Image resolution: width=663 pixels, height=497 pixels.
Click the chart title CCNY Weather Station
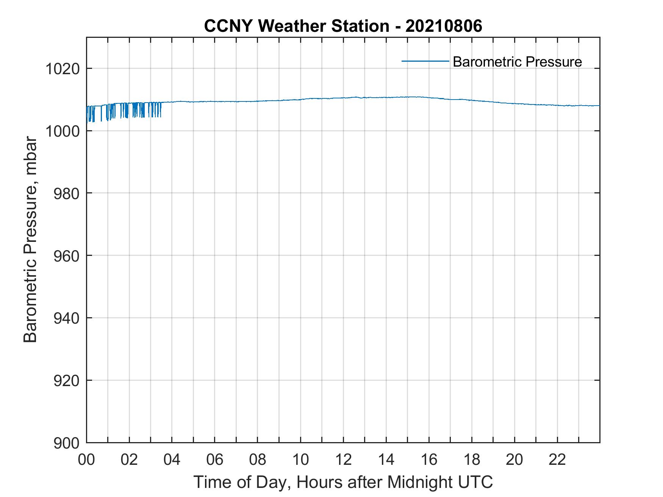(296, 26)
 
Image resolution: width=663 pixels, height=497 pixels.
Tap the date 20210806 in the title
(444, 26)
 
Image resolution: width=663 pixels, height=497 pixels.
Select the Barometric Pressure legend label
(517, 62)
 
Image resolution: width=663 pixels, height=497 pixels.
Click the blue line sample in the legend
(425, 61)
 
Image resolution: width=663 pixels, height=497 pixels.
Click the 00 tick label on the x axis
(86, 460)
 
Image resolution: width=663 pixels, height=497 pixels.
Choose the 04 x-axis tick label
(172, 460)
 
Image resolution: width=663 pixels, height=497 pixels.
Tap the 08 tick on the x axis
(258, 460)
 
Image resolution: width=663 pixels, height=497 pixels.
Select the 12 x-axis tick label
(343, 460)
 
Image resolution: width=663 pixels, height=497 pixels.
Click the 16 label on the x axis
(429, 460)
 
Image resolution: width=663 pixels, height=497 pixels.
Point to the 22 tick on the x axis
(557, 460)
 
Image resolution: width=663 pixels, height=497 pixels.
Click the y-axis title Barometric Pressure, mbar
(30, 240)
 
